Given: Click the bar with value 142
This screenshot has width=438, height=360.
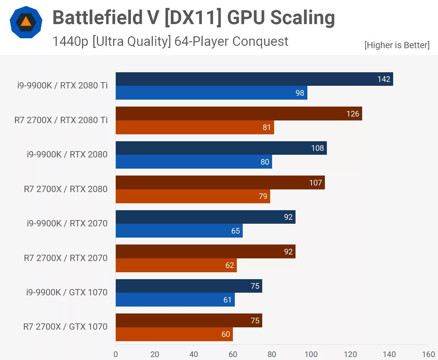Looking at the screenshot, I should [254, 79].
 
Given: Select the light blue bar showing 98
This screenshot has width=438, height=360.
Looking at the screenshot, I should [211, 93].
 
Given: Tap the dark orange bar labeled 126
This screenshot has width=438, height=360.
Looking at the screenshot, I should [238, 114].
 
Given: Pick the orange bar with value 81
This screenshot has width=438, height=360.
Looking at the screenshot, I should [195, 127].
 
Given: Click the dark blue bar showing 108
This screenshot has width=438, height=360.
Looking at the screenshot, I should [221, 148].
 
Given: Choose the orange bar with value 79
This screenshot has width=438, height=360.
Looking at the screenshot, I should [193, 196].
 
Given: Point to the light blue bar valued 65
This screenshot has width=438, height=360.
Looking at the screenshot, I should [179, 231].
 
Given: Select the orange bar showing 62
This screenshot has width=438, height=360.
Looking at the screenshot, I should [176, 265].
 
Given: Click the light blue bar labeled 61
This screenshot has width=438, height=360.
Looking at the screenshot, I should [175, 300].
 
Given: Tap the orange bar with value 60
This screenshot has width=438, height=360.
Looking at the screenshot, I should [174, 334].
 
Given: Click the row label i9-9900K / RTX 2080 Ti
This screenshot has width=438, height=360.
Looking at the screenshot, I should [62, 85].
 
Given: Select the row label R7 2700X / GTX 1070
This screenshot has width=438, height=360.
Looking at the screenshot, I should [65, 327].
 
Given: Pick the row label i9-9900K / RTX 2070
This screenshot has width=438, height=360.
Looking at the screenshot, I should [67, 223].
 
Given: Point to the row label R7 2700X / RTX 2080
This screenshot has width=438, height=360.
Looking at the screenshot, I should [66, 189].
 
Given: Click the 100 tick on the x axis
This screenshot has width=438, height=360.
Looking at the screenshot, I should [311, 354].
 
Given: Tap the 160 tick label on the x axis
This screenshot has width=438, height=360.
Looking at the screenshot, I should [428, 354].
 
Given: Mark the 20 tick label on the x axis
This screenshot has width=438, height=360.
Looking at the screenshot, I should [155, 354].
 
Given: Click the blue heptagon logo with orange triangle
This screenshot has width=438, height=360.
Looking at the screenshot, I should [26, 22].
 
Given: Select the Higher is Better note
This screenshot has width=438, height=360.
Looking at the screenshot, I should [397, 45].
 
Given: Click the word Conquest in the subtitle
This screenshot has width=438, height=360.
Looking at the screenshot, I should [260, 42].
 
